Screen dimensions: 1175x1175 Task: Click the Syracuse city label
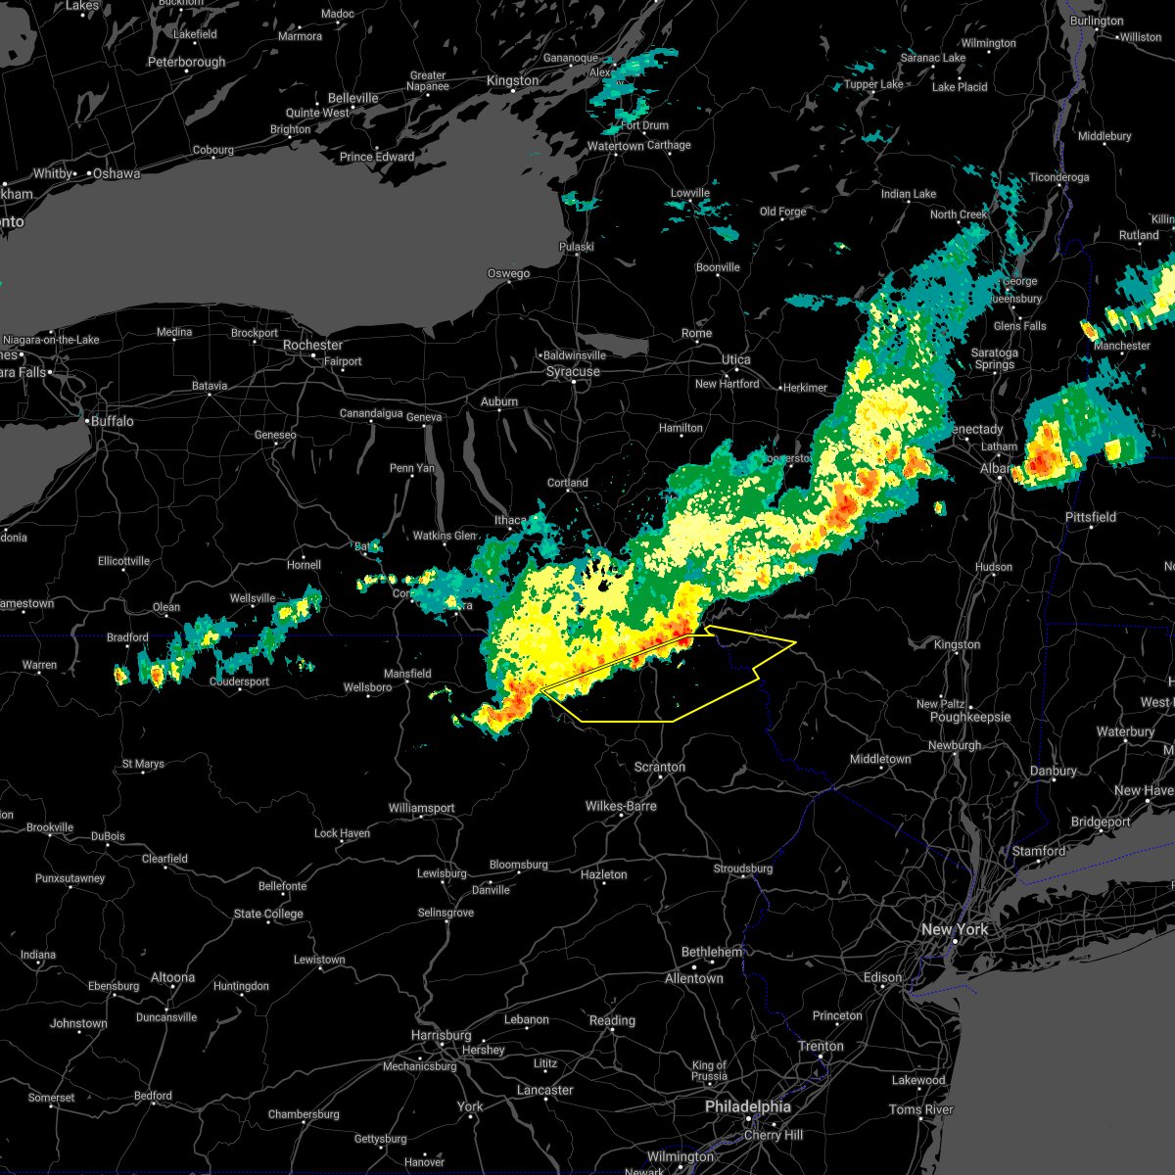tap(573, 372)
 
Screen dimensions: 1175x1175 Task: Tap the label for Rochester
tap(312, 346)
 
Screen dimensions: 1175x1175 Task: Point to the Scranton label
tap(659, 768)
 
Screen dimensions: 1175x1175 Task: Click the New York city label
tap(955, 929)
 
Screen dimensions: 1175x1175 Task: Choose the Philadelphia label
tap(748, 1106)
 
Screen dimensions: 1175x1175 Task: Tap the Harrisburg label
tap(442, 1035)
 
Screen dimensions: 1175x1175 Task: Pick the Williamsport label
tap(421, 809)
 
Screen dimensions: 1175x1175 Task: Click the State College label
tap(267, 915)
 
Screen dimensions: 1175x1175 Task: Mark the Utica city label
tap(735, 360)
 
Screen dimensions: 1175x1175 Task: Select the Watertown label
tap(615, 147)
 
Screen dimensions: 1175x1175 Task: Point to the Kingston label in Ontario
tap(512, 81)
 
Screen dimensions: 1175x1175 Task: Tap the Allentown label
tap(693, 979)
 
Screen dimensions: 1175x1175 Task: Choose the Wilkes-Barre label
tap(621, 807)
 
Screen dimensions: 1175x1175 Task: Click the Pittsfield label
tap(1091, 517)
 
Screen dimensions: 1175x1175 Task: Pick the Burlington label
tap(1097, 22)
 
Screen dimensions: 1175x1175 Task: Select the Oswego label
tap(508, 274)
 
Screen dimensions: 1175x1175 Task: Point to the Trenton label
tap(821, 1047)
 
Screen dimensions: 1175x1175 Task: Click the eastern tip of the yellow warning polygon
tap(795, 642)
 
